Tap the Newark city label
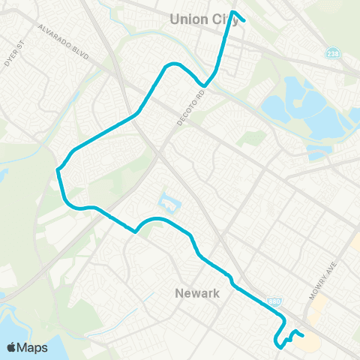click(x=196, y=293)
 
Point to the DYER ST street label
click(x=14, y=53)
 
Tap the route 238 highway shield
click(x=332, y=54)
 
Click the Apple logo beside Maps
click(x=12, y=347)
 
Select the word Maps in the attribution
click(x=33, y=347)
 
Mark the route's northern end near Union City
click(x=244, y=20)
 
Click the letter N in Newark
click(x=178, y=293)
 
